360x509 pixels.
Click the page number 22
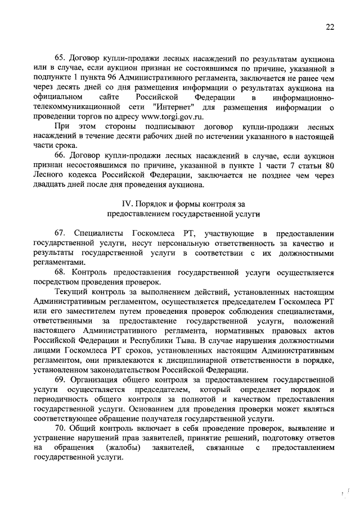point(330,26)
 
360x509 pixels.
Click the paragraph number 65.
point(60,58)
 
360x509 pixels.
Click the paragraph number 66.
point(60,155)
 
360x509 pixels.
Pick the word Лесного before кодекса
point(49,174)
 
